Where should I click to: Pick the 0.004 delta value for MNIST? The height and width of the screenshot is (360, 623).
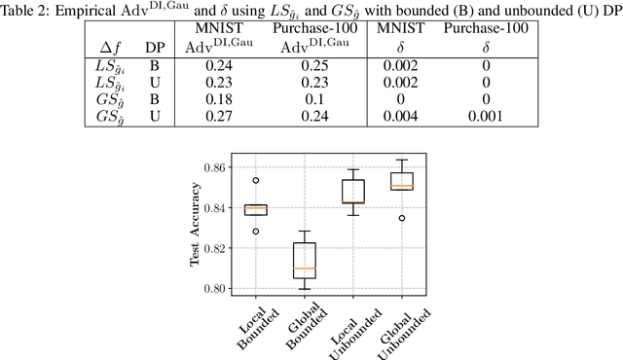pos(402,116)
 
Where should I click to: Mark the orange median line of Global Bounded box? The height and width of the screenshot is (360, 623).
pos(304,269)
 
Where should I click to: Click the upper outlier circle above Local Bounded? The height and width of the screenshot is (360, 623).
pos(255,180)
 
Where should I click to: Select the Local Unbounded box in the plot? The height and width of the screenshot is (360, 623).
pos(351,191)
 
